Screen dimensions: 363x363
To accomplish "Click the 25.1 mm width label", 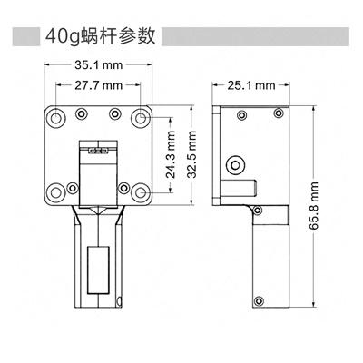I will click(x=251, y=85).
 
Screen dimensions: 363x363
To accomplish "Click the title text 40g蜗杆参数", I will click(x=100, y=37).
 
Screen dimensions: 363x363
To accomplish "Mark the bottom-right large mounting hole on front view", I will click(x=142, y=192).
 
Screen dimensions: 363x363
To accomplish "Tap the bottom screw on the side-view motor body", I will click(x=260, y=301).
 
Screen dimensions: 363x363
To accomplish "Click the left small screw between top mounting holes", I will click(x=82, y=113).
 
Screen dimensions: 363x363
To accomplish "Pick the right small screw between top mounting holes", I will click(x=115, y=113).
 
